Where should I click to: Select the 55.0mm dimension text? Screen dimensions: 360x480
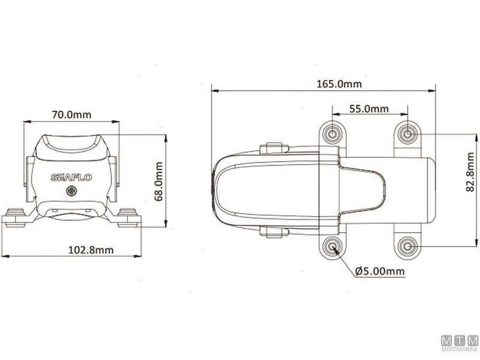point(368,109)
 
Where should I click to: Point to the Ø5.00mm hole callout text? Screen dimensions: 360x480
point(380,271)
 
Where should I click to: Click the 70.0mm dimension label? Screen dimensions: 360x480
point(71,114)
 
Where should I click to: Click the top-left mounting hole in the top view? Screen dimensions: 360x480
point(333,133)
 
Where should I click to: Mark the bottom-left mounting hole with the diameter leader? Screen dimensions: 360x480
point(333,246)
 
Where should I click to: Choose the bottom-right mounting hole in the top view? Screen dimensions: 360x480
point(407,246)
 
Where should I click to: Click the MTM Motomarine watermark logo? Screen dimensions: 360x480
point(459,344)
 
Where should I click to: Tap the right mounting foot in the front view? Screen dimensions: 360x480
point(128,217)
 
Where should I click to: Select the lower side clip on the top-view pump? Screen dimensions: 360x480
point(272,232)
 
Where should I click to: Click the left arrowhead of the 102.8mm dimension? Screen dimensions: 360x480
point(4,256)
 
